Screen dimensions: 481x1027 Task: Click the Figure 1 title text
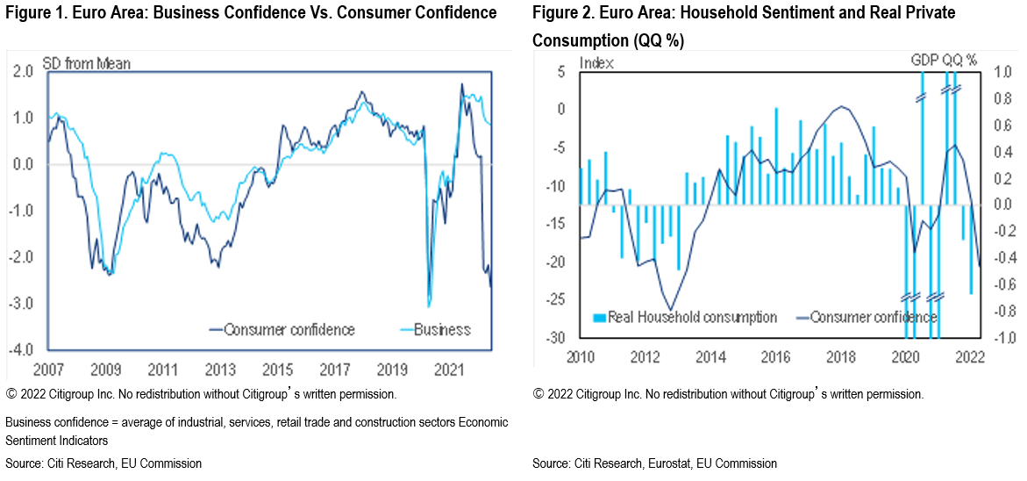[x=251, y=13]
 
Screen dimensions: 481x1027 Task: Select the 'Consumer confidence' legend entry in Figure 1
[x=289, y=330]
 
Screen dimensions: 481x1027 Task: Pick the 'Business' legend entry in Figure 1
[x=441, y=330]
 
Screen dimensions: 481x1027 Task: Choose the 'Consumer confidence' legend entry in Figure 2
[x=873, y=317]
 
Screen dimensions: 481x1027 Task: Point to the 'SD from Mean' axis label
[x=86, y=64]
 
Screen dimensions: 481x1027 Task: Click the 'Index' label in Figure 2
[x=597, y=63]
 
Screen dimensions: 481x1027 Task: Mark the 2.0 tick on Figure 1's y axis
[x=24, y=72]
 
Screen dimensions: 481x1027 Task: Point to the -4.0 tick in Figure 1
[x=22, y=349]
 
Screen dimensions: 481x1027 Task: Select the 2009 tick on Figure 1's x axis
[x=105, y=368]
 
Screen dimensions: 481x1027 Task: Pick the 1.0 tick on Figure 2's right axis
[x=995, y=73]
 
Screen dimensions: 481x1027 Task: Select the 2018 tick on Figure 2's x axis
[x=841, y=356]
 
